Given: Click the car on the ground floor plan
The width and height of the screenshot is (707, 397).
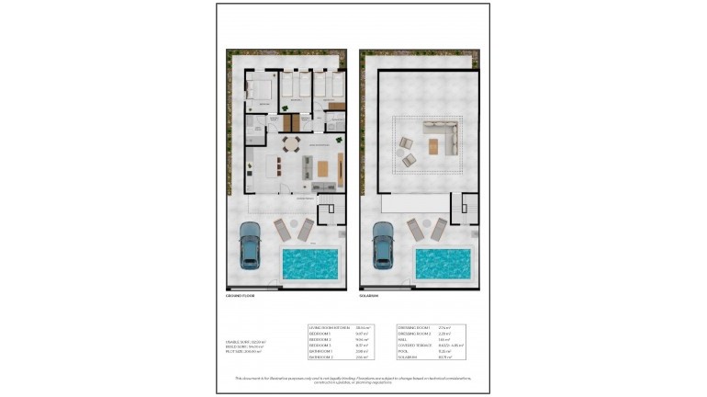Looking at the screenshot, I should click(249, 245).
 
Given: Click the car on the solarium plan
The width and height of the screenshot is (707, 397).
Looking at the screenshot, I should click(383, 245).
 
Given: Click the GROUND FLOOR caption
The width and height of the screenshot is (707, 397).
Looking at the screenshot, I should click(241, 296).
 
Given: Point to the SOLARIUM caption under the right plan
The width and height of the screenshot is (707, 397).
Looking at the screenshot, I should click(371, 296).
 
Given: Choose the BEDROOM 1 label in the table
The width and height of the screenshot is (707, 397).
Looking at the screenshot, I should click(321, 334).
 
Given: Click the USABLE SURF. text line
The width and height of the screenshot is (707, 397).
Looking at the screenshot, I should click(241, 341).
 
